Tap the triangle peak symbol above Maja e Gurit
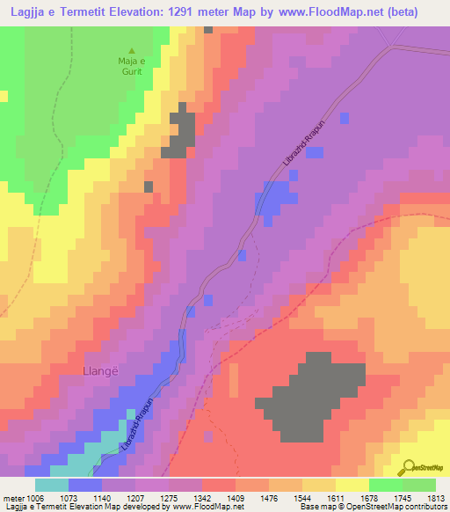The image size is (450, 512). (132, 50)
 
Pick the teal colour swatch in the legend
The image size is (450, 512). (52, 485)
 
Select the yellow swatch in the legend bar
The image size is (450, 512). (352, 485)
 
